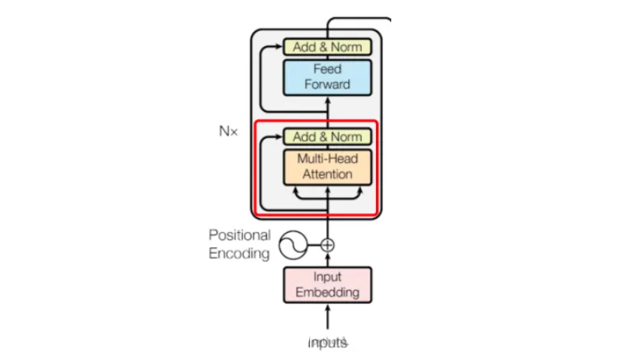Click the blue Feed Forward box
tap(327, 77)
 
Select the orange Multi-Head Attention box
tap(327, 166)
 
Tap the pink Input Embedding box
tap(327, 285)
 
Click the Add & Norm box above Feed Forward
tap(327, 47)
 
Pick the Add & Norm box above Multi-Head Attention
tap(327, 136)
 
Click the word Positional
tap(240, 235)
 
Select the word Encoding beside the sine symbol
tap(239, 254)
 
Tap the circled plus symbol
tap(327, 245)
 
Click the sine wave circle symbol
tap(293, 245)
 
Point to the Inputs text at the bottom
tap(327, 342)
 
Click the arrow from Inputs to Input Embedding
tap(327, 317)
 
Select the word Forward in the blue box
tap(327, 84)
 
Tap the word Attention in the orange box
tap(327, 173)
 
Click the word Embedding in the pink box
tap(327, 292)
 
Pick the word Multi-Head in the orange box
tap(327, 159)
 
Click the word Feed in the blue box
tap(327, 69)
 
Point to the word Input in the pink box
tap(327, 278)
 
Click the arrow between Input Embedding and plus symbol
tap(327, 259)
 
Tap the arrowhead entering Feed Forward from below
tap(327, 101)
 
